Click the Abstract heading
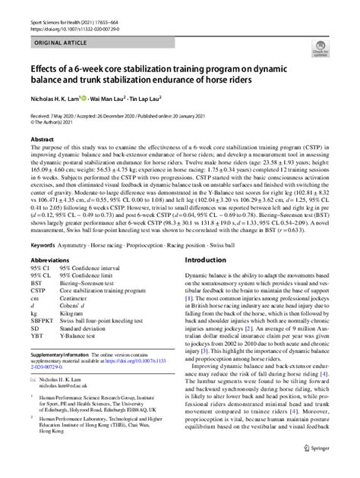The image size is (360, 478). [x=43, y=141]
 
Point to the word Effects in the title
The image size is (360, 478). [x=49, y=68]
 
